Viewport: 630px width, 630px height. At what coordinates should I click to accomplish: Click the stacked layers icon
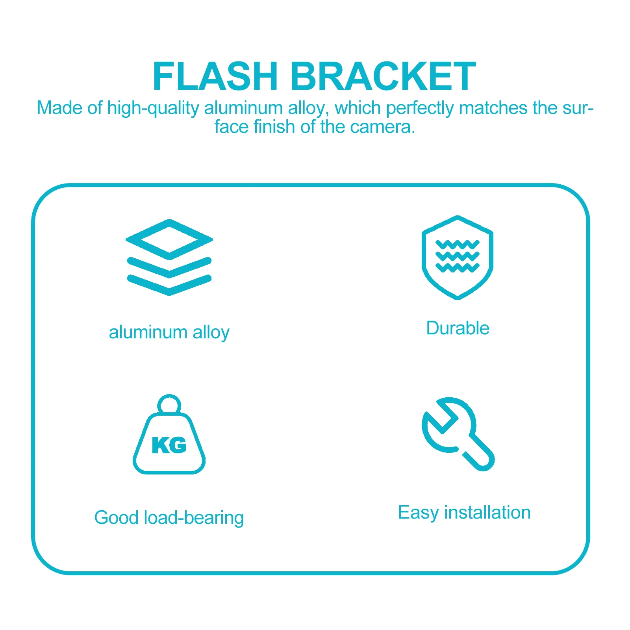pyautogui.click(x=169, y=258)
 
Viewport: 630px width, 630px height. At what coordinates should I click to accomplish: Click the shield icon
pyautogui.click(x=457, y=258)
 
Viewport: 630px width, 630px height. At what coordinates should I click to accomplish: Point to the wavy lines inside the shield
pyautogui.click(x=457, y=256)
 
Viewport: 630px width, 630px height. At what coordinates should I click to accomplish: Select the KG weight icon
pyautogui.click(x=169, y=434)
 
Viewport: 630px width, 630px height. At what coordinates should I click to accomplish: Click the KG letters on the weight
pyautogui.click(x=169, y=445)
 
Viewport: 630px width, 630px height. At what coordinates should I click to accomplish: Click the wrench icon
pyautogui.click(x=458, y=434)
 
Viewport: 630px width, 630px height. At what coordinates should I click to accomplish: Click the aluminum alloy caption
pyautogui.click(x=169, y=333)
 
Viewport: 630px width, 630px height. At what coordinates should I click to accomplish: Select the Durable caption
pyautogui.click(x=458, y=328)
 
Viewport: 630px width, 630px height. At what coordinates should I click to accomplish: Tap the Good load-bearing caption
pyautogui.click(x=169, y=518)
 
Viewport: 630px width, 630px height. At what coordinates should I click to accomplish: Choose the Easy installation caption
pyautogui.click(x=465, y=513)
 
